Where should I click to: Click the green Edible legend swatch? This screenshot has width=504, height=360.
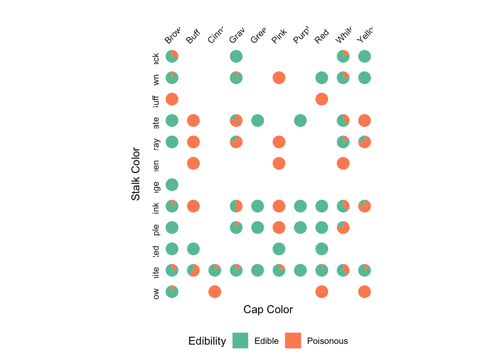240,340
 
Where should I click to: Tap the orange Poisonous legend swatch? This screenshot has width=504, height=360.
293,340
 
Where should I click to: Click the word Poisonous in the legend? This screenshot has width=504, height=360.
327,341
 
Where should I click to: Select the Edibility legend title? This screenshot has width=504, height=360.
207,341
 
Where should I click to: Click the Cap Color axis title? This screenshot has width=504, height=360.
268,309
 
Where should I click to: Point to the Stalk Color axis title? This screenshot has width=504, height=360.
135,174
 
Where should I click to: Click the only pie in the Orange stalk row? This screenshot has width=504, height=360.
172,184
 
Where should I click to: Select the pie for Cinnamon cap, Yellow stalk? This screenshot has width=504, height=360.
214,291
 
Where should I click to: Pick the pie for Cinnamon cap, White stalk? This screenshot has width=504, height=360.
214,270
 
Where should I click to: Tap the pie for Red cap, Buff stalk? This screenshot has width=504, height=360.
322,99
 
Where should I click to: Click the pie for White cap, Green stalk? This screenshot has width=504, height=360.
343,163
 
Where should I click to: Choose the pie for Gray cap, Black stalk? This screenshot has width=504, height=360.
236,56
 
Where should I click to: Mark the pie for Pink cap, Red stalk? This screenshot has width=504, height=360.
279,249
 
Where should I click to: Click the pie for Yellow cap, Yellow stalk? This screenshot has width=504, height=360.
364,291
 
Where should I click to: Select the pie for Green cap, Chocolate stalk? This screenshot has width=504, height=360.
257,120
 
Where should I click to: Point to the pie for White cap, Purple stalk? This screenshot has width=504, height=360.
343,227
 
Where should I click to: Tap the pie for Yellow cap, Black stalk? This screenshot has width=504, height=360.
364,56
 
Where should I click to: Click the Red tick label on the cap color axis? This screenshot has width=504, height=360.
322,36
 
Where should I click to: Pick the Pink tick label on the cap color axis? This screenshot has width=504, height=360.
279,36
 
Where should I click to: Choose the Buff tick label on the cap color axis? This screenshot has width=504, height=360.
193,36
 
